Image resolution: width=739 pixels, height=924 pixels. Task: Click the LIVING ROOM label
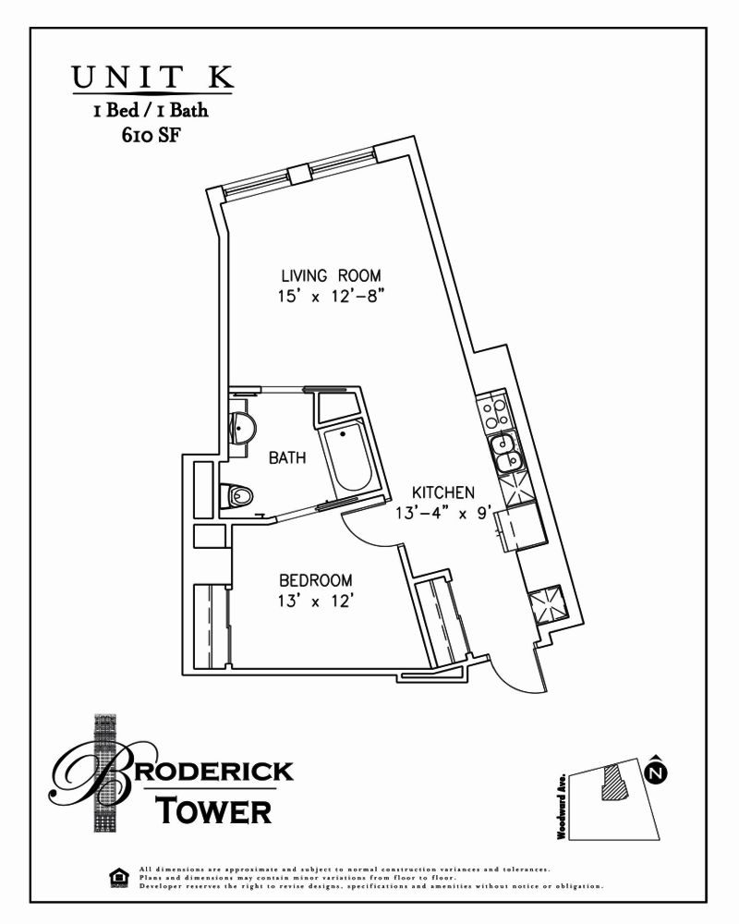(x=332, y=275)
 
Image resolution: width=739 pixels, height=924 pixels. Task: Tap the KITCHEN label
(x=443, y=492)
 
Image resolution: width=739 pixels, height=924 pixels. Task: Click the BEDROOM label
(x=316, y=580)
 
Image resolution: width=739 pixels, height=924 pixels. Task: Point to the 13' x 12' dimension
(x=316, y=601)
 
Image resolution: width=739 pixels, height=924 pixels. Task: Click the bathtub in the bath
(x=348, y=459)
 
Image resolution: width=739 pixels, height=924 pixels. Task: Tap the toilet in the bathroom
(x=238, y=496)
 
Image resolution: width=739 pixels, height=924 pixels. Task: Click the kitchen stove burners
(x=492, y=412)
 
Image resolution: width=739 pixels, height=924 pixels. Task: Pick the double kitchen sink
(x=505, y=453)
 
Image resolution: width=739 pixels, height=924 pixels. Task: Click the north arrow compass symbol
(x=656, y=769)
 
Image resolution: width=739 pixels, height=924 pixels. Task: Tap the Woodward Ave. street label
(x=561, y=807)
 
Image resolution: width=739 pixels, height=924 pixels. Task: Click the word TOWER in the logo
(x=213, y=810)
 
